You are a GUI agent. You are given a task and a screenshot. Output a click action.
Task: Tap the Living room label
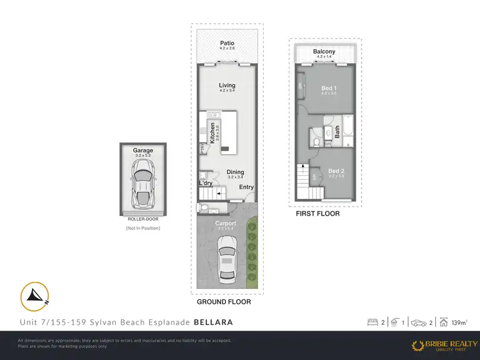coord(227,85)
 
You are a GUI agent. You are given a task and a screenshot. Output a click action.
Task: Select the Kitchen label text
coord(204,132)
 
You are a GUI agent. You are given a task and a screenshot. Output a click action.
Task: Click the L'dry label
coord(205,184)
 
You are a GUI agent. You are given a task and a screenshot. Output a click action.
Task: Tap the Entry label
coord(246,187)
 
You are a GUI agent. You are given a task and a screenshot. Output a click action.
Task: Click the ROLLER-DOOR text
coord(143,219)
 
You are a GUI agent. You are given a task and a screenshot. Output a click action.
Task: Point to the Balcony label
coord(325,52)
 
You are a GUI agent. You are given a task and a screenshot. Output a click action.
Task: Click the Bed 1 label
coord(328,88)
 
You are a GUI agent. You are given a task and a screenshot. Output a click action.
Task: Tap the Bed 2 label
coord(336,171)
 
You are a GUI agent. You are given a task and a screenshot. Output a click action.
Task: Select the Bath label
coord(337,131)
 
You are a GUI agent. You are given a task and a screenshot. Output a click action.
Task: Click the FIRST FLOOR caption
coord(317,214)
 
